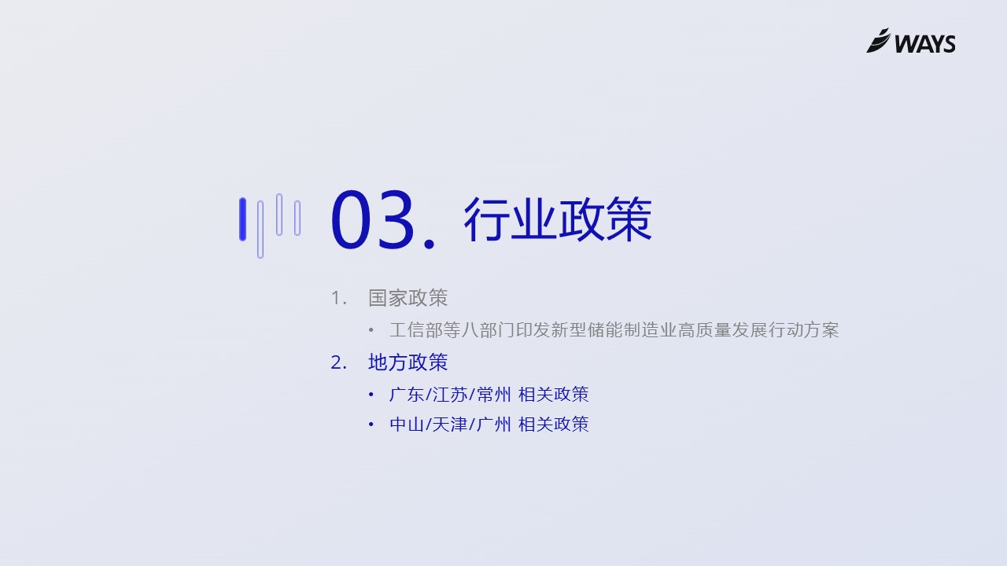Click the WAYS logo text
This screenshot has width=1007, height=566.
[x=924, y=44]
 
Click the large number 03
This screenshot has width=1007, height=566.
[x=372, y=220]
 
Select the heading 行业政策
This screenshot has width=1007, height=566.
[x=558, y=219]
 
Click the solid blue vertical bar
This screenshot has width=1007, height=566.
[x=243, y=219]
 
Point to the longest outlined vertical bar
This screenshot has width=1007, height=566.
[x=260, y=230]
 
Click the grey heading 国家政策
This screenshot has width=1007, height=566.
[x=408, y=298]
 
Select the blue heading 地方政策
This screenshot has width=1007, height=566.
[x=408, y=362]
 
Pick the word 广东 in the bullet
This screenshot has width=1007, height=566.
[x=407, y=395]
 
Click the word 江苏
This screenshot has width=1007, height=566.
[x=450, y=395]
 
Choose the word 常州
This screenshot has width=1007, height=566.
[x=493, y=395]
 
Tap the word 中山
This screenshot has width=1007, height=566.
[x=407, y=424]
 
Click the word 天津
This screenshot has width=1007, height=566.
[x=450, y=424]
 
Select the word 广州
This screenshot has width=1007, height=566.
[x=493, y=424]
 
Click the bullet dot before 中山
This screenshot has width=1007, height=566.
[x=371, y=424]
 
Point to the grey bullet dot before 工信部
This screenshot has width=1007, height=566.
[x=371, y=331]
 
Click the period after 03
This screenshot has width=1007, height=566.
[x=430, y=244]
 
